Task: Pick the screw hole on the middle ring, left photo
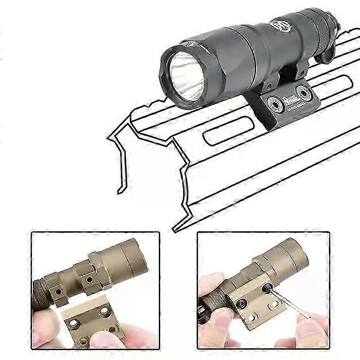[89, 280]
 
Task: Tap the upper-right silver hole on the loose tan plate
[105, 312]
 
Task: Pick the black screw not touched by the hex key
[241, 303]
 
